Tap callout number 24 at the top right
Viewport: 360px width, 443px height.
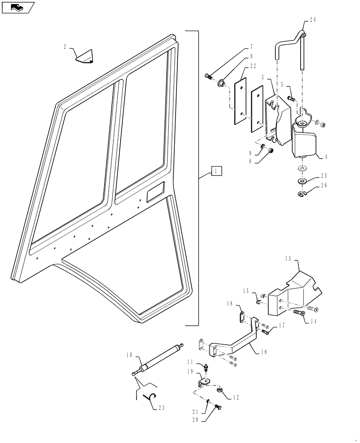point(313,20)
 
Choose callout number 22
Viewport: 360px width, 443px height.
point(253,66)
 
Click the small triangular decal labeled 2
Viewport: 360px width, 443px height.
point(85,56)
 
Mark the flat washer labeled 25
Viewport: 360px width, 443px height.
point(302,181)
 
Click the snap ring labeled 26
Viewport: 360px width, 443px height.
point(303,193)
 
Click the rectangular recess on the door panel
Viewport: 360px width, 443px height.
point(154,193)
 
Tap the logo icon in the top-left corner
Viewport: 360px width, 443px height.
point(18,8)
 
